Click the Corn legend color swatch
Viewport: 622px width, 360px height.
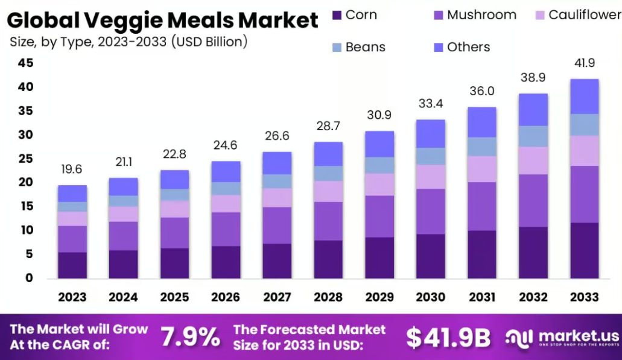click(x=337, y=15)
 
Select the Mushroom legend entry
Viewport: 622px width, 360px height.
click(x=481, y=15)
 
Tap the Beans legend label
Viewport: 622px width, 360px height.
click(x=365, y=47)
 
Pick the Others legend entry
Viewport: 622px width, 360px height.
click(x=468, y=47)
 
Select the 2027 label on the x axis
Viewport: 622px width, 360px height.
click(x=276, y=297)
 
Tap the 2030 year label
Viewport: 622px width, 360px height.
click(x=430, y=297)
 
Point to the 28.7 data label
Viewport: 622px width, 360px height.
click(x=328, y=127)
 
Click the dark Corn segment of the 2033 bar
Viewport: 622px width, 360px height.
click(x=584, y=250)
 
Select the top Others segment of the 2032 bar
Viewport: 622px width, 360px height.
click(x=533, y=110)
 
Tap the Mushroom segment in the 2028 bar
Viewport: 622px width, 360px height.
click(x=328, y=221)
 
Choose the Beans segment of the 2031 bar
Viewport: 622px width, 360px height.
click(x=481, y=147)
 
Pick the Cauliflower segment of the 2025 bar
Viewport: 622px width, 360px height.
click(x=174, y=209)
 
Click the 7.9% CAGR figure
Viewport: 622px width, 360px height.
click(x=190, y=338)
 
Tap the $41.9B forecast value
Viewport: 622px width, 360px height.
click(x=448, y=338)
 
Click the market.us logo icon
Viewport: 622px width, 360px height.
click(x=519, y=337)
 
